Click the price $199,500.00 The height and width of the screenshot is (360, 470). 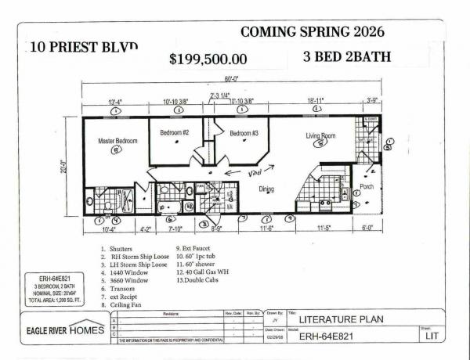(x=208, y=59)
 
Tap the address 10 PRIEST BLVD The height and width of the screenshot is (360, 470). (x=85, y=46)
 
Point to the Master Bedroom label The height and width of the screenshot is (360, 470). (x=116, y=142)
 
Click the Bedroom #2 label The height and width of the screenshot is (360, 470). (x=175, y=133)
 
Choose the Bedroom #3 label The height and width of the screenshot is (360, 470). (x=244, y=133)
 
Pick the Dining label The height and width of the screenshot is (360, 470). (x=266, y=188)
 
